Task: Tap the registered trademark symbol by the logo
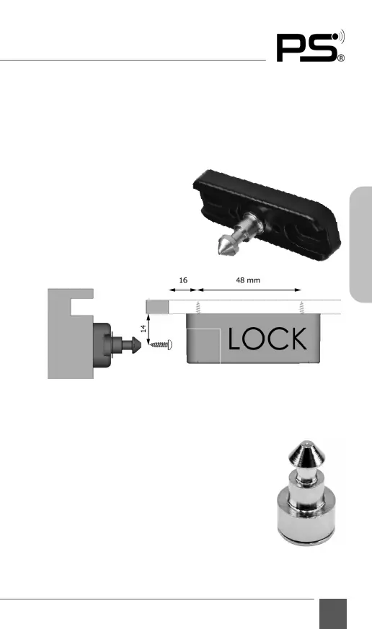point(341,58)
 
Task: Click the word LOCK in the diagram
point(267,339)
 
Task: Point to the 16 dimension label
point(183,280)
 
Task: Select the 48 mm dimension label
point(248,280)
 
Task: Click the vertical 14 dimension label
point(143,329)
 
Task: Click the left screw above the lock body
point(198,307)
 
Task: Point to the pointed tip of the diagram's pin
point(141,344)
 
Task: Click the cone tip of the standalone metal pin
point(306,451)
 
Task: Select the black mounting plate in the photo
point(267,215)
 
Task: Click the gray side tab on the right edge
point(361,244)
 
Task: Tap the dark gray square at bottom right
point(333,614)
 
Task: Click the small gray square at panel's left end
point(157,307)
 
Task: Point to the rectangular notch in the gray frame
point(82,307)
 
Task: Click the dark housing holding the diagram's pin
point(102,345)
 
